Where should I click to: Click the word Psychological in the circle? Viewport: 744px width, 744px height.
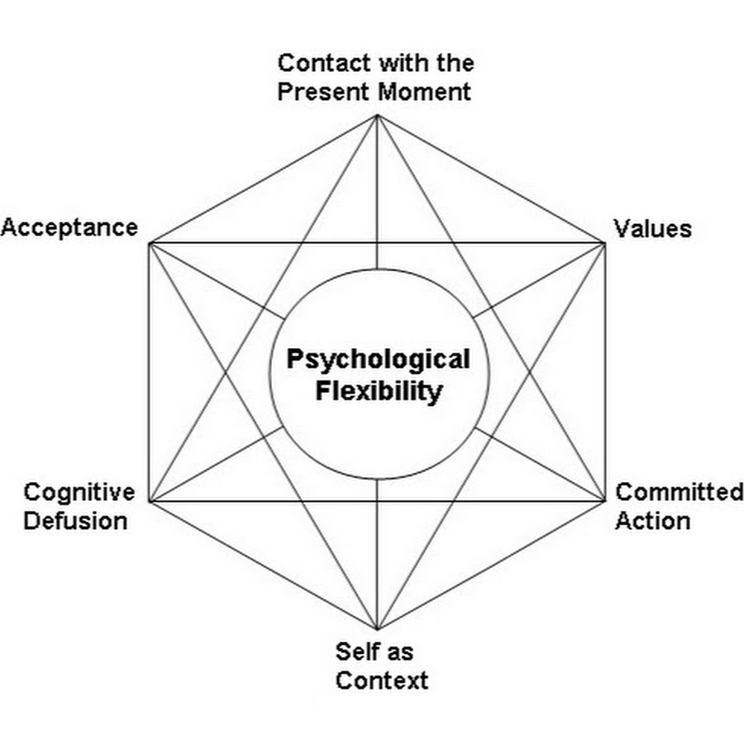pos(378,360)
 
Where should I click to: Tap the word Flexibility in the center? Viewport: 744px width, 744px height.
pos(378,391)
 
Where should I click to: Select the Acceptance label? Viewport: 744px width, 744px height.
pos(69,227)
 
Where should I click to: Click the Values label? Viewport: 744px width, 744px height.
pos(652,228)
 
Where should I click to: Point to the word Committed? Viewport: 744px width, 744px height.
pos(680,493)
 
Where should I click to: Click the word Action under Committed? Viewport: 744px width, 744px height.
pos(652,522)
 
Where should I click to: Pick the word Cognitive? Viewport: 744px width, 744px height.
pos(79,493)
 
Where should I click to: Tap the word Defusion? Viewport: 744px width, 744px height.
pos(75,522)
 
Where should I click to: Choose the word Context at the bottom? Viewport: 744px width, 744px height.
pos(382,680)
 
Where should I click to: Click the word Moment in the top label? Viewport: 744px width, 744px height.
pos(424,91)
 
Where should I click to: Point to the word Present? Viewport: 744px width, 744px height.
pos(323,91)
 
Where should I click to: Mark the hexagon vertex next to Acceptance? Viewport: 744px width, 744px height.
pos(150,243)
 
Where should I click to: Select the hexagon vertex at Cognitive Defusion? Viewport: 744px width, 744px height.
pos(150,501)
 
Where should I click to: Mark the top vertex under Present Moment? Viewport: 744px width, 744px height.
pos(378,115)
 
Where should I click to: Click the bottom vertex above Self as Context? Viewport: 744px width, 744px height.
pos(378,629)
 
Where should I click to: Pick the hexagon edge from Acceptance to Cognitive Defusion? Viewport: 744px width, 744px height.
pos(150,372)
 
